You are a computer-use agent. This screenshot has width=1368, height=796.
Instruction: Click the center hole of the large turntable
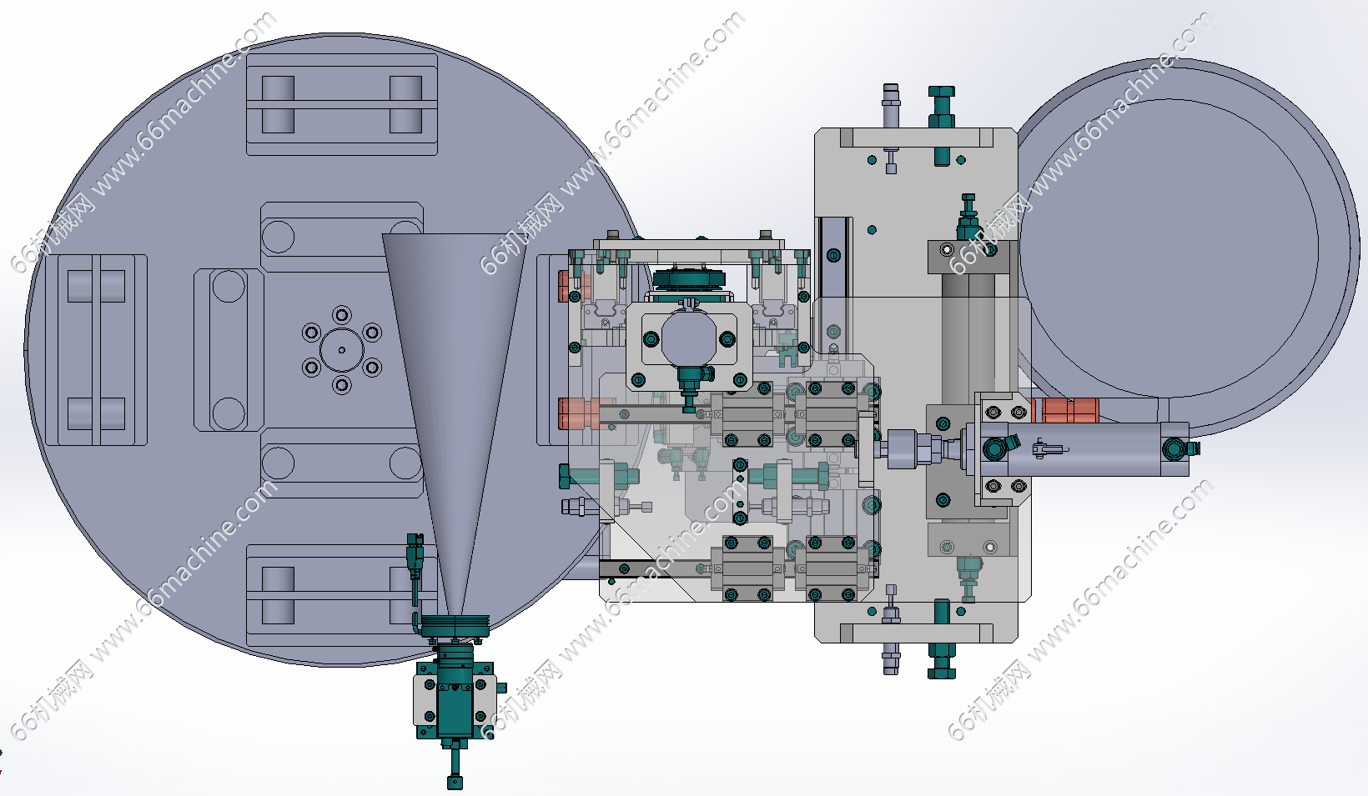341,350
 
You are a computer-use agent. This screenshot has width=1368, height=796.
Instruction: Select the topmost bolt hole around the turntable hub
341,315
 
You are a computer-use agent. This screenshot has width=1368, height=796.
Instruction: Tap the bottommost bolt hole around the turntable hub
341,385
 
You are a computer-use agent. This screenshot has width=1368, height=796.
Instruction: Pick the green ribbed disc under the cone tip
454,628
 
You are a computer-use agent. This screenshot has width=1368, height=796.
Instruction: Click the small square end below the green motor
455,782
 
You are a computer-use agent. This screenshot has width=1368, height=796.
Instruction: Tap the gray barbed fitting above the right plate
891,104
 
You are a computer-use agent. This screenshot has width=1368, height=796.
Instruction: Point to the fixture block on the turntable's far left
96,350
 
